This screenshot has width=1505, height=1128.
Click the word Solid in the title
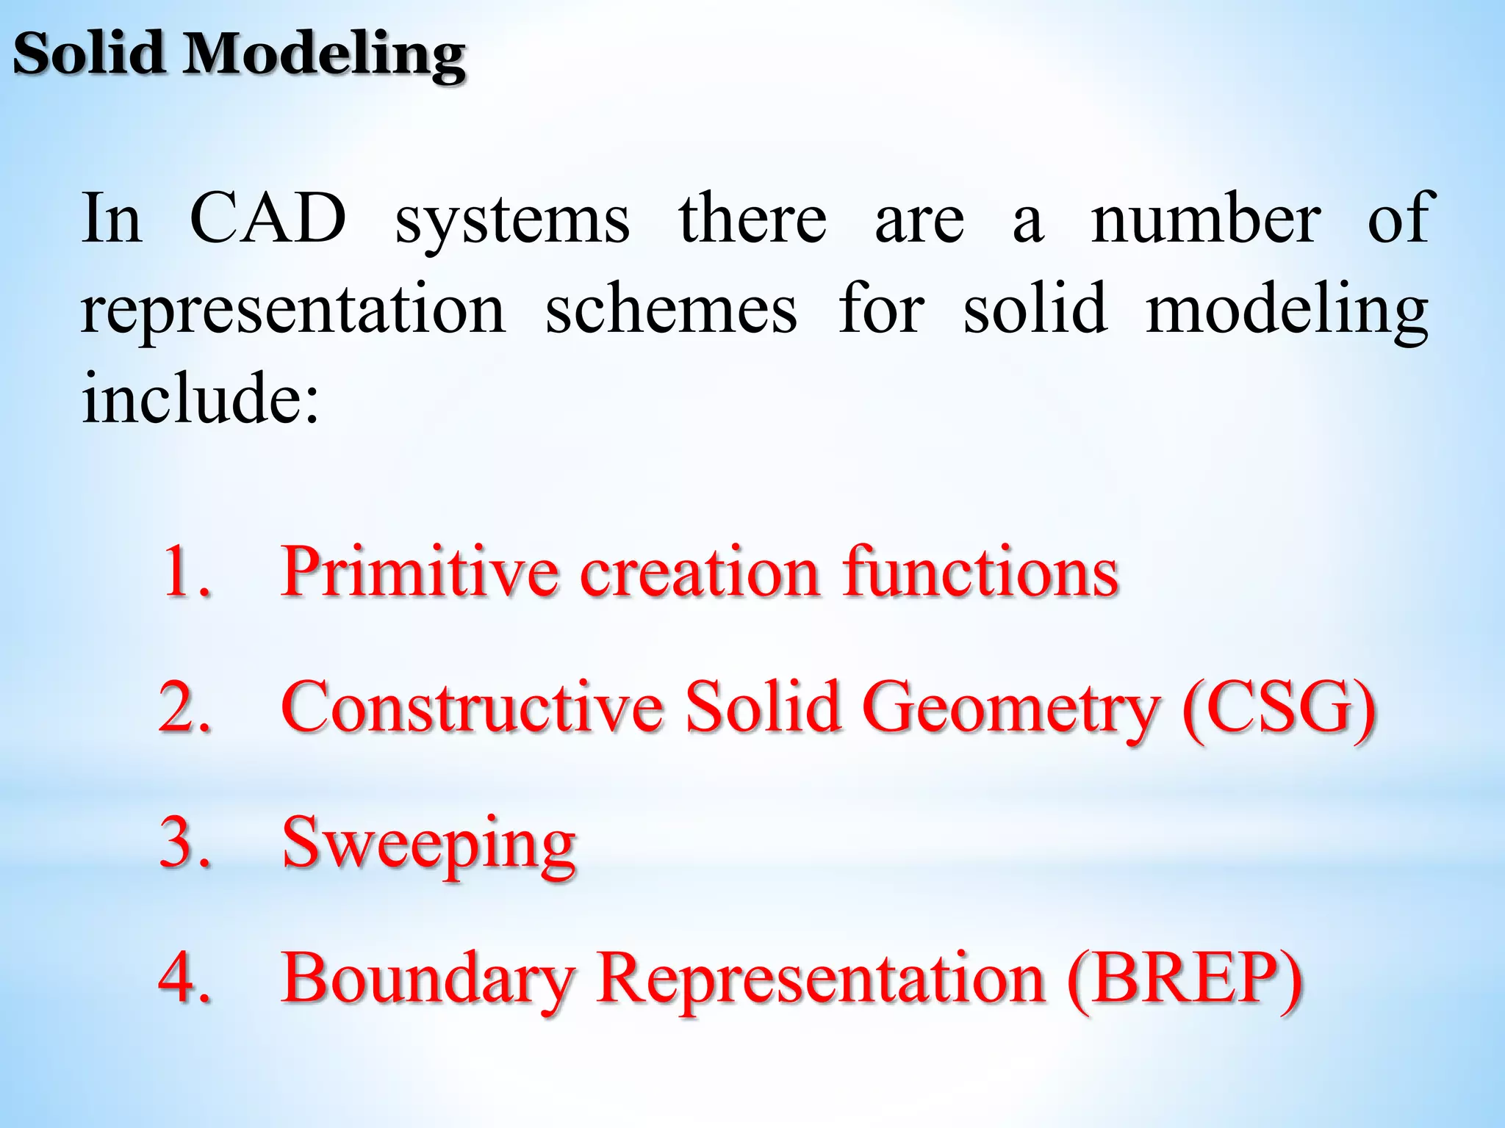88,54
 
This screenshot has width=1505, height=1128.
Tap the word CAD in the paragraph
267,218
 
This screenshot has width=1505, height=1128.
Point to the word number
1205,218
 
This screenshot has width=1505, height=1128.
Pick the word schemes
671,309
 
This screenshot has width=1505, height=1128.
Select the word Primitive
420,572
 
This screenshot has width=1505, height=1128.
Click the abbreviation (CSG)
1279,708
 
